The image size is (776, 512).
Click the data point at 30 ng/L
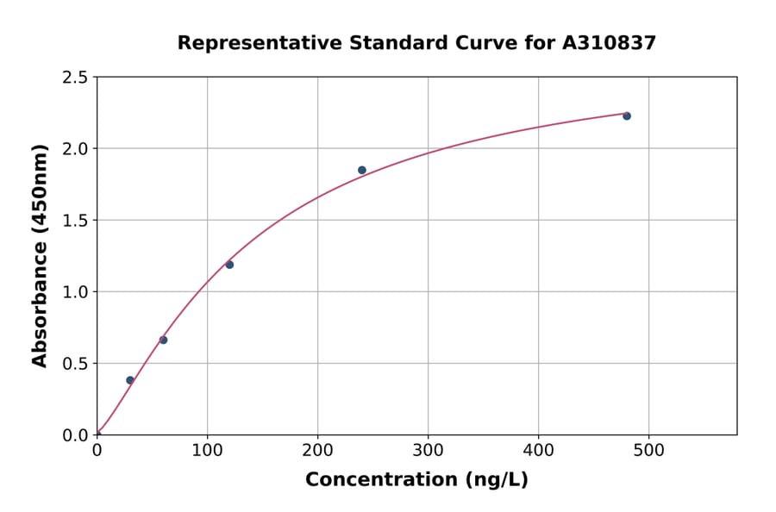[130, 380]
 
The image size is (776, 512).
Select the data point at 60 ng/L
[163, 340]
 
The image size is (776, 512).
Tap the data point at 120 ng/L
[229, 265]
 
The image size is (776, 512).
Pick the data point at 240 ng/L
[362, 170]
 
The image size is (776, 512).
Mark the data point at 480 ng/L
[627, 116]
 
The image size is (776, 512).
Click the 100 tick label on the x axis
[207, 451]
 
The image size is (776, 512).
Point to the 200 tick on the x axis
[317, 451]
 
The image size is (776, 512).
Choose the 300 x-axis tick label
[428, 451]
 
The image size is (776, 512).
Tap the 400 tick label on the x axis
[538, 451]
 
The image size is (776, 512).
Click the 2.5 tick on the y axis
[76, 78]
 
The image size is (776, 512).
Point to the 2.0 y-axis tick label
[76, 149]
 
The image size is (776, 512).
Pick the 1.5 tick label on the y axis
[76, 221]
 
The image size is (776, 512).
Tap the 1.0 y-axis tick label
[76, 292]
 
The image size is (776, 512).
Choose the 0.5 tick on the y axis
[76, 364]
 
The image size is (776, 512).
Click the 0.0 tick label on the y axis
[76, 435]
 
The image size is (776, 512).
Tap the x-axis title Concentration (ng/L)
[416, 480]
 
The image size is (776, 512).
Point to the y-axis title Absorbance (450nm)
[40, 256]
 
